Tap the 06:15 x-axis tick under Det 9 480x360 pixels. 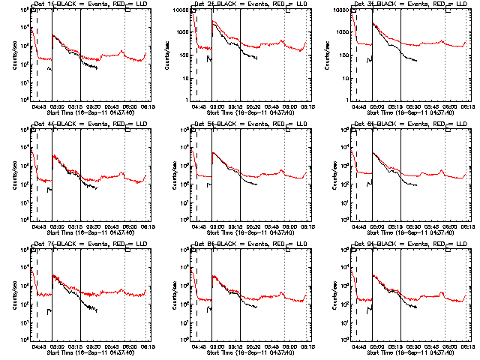466,346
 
